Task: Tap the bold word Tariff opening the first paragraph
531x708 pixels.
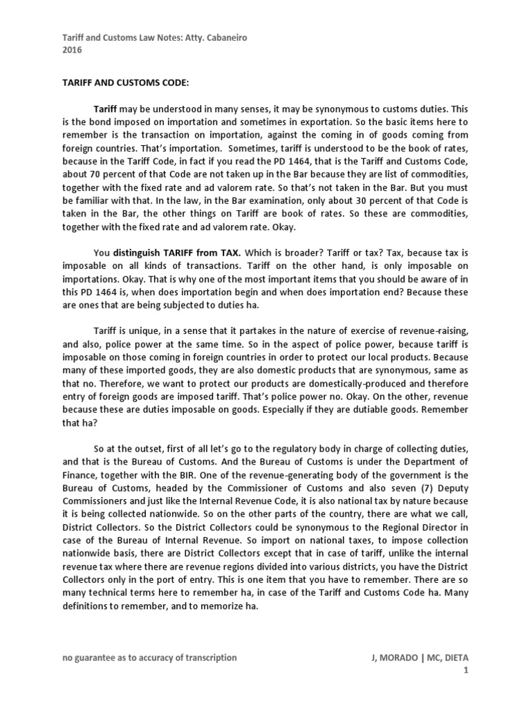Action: pyautogui.click(x=106, y=109)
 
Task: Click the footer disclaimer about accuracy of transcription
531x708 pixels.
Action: pyautogui.click(x=149, y=658)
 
